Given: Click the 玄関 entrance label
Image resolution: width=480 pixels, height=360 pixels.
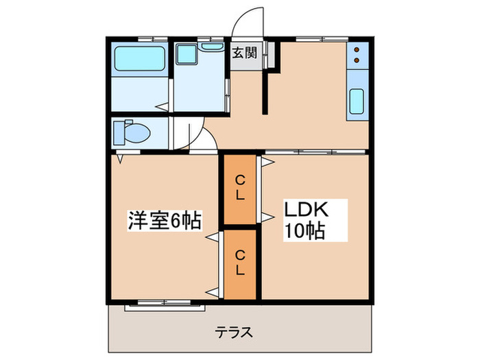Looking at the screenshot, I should [243, 53].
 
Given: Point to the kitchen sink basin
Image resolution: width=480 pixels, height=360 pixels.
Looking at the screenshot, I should [357, 102].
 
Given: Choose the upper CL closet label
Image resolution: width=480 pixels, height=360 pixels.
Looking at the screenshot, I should [240, 187].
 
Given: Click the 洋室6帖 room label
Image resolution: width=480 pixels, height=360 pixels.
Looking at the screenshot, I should [164, 221].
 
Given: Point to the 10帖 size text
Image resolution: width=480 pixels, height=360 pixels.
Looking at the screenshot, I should [306, 231].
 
